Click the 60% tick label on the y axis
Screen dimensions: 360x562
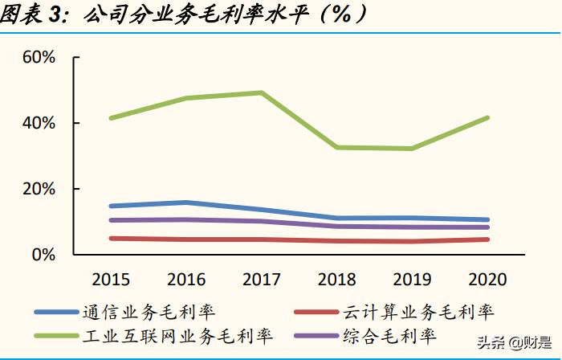point(38,58)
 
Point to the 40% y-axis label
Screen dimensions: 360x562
point(38,124)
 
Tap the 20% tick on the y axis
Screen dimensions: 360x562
point(38,189)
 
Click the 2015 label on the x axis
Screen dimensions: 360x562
point(112,280)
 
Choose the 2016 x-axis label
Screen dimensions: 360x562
point(186,280)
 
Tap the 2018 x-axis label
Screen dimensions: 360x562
point(336,280)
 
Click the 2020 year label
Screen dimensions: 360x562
point(487,280)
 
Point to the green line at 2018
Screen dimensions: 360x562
point(336,147)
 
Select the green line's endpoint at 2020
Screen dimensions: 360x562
point(487,117)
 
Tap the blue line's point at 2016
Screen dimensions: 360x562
point(186,202)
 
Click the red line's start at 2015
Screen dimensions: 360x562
point(112,238)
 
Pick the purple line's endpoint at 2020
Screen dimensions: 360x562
point(487,227)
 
